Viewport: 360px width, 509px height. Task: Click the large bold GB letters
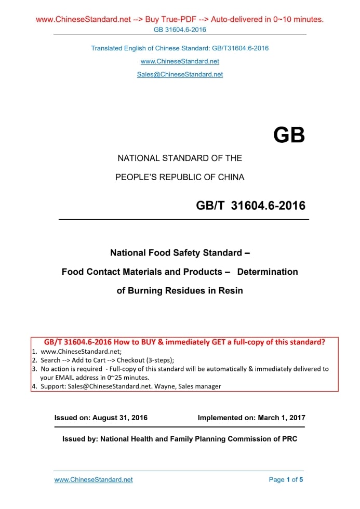tap(289, 136)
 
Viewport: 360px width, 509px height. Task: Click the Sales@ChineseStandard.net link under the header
tap(180, 74)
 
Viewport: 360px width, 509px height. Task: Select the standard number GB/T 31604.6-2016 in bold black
tap(250, 206)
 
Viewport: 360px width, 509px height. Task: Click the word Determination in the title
tap(268, 272)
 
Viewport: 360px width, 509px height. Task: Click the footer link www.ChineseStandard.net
tap(94, 479)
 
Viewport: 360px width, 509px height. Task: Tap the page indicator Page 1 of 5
tap(286, 479)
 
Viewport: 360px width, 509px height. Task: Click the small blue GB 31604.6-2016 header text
tap(180, 29)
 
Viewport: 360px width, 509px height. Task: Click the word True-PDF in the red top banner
tap(179, 20)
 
